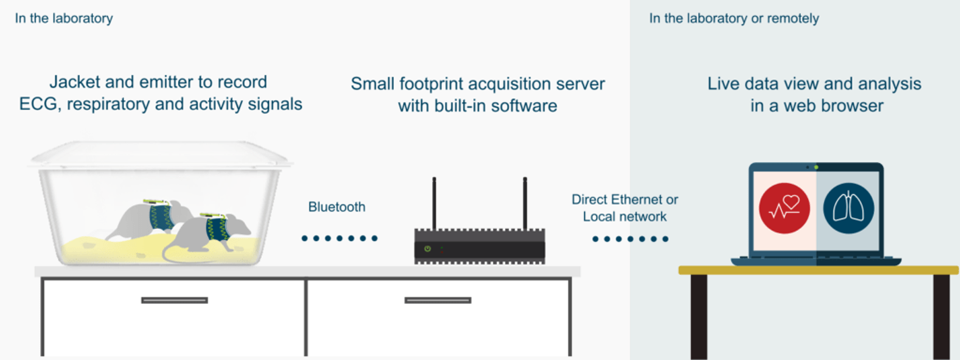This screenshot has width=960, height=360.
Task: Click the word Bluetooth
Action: point(337,207)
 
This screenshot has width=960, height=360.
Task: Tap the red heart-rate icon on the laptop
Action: point(784,209)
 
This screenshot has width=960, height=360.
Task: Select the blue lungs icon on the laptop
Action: point(849,209)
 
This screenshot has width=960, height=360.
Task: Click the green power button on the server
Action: point(427,249)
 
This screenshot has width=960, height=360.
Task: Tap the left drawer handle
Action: point(175,300)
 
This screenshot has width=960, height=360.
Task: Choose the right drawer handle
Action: point(437,300)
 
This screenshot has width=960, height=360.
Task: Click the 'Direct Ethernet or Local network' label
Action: point(624,208)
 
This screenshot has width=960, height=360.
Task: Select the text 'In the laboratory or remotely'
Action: point(734,18)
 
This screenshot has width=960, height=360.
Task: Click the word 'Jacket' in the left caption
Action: point(75,82)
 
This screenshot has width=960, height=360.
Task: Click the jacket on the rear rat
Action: point(160,218)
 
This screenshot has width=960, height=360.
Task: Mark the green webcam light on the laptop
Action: point(816,167)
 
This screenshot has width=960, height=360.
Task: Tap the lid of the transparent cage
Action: point(161,154)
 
